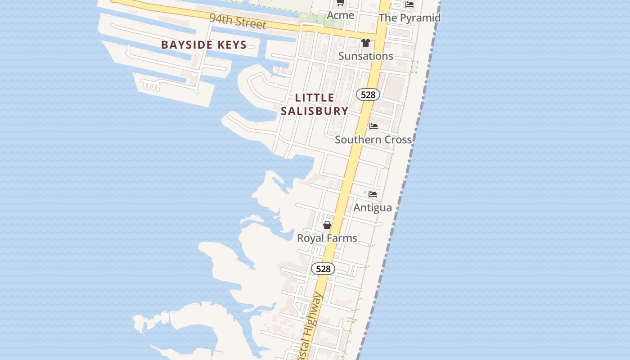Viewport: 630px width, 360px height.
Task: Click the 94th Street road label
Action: click(238, 21)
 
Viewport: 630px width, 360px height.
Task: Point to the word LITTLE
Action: click(315, 98)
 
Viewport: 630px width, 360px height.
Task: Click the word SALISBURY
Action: click(315, 111)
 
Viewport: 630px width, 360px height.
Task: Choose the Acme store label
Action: click(340, 15)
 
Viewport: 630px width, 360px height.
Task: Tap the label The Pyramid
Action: click(409, 18)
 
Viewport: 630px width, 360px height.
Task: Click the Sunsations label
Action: click(365, 56)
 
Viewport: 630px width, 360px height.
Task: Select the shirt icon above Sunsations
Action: click(365, 43)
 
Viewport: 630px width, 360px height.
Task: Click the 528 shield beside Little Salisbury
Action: click(368, 94)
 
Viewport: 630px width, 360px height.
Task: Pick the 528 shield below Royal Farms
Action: click(323, 269)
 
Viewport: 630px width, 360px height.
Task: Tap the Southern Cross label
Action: click(373, 139)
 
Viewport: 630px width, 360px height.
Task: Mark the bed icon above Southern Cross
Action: click(373, 126)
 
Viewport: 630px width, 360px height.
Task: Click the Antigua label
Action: click(373, 207)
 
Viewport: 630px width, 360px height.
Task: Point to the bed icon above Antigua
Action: click(373, 194)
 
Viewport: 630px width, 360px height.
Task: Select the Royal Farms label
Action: click(327, 238)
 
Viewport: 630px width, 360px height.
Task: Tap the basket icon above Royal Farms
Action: click(327, 225)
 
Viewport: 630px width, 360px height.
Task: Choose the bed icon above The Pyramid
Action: click(409, 4)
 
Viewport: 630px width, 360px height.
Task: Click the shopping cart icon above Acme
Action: click(340, 3)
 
